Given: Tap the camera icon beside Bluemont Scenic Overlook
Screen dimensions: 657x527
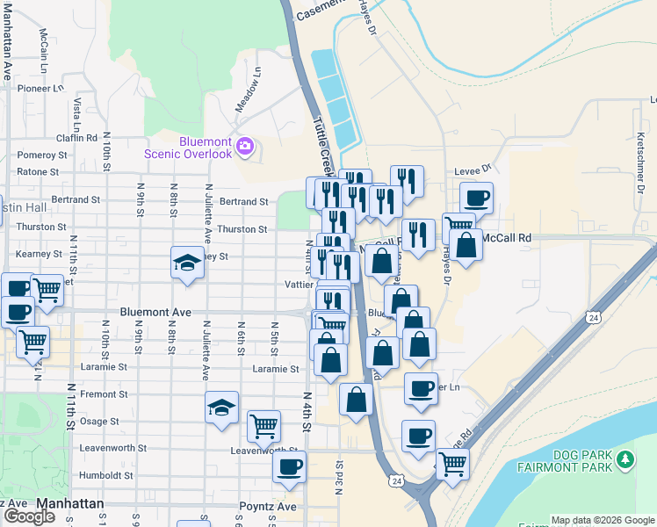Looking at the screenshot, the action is coord(246,146).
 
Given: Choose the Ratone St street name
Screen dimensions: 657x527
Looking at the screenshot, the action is coord(42,171).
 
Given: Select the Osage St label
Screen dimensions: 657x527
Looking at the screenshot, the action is coord(99,422).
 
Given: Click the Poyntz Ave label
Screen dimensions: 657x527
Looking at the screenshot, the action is coord(268,507).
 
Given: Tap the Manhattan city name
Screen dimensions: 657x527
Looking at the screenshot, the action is coord(70,504).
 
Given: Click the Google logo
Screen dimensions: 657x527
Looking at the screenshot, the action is coord(29,516).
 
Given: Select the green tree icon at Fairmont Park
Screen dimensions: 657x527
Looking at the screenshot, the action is coord(625,459).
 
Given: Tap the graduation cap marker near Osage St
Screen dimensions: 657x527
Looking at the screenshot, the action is coord(222,407).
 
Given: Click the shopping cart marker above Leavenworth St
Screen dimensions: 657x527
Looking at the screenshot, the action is coord(264,426).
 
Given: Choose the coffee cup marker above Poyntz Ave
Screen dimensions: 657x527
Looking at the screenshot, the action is coord(289,467).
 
